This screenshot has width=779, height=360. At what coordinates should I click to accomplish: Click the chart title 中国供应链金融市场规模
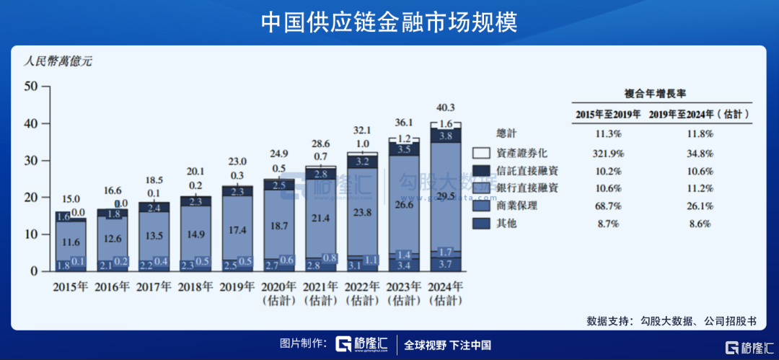pyautogui.click(x=389, y=22)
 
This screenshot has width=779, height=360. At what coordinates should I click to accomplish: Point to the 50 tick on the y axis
pyautogui.click(x=30, y=86)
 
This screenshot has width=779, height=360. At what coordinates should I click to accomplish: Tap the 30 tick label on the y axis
pyautogui.click(x=30, y=160)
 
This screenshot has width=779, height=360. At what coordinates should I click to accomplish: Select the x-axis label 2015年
pyautogui.click(x=70, y=286)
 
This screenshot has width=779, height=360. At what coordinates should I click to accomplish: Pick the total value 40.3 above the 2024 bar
pyautogui.click(x=446, y=108)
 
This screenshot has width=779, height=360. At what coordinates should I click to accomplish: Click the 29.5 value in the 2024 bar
pyautogui.click(x=446, y=196)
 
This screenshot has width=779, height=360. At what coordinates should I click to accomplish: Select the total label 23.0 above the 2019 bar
pyautogui.click(x=237, y=162)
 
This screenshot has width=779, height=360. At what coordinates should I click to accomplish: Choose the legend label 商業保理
pyautogui.click(x=518, y=206)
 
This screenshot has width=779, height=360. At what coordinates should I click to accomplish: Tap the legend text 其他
pyautogui.click(x=507, y=224)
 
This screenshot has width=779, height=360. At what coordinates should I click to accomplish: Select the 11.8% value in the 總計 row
pyautogui.click(x=700, y=134)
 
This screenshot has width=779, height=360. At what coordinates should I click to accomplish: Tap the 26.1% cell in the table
pyautogui.click(x=700, y=206)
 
